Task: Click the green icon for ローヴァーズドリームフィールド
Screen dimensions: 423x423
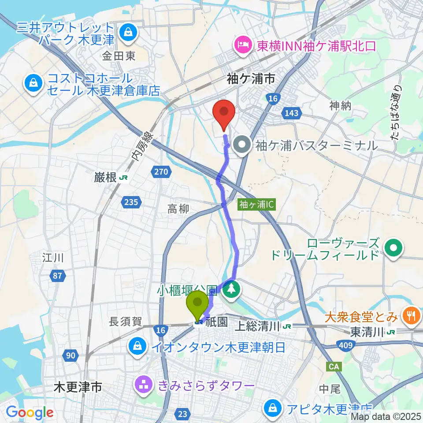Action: coord(392,248)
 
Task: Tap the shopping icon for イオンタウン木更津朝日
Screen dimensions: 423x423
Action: coord(137,346)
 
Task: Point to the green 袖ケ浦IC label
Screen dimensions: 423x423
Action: coord(257,204)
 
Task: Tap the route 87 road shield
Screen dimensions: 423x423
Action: coord(58,276)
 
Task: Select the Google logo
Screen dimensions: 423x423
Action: coord(30,412)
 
